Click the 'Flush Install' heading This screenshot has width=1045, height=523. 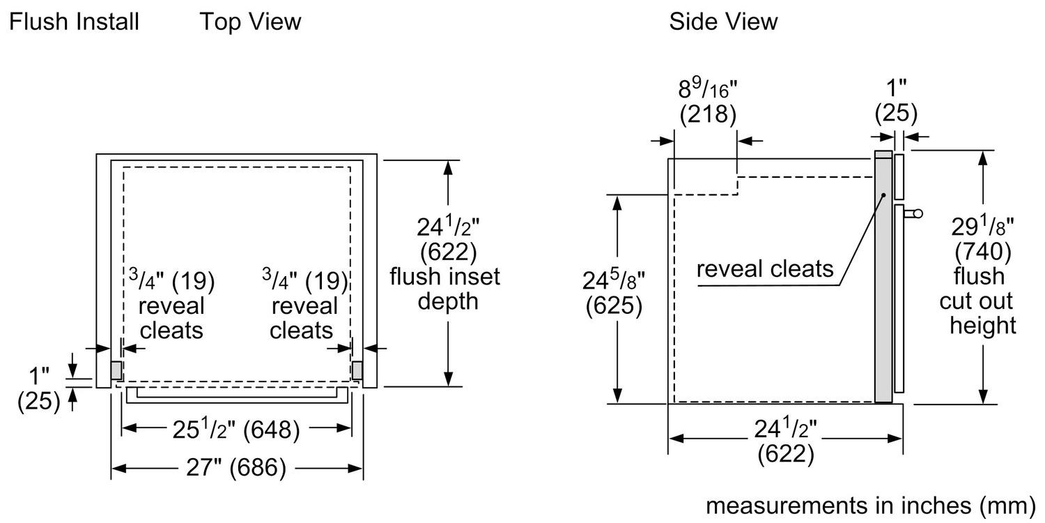[x=75, y=22]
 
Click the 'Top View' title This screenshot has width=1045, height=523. [x=250, y=22]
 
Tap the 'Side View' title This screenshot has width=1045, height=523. [x=723, y=22]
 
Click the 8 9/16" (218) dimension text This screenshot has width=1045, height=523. [x=707, y=102]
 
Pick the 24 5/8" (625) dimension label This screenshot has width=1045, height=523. [x=614, y=293]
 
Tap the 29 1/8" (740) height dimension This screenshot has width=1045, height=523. [x=983, y=238]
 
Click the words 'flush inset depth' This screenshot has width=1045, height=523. [x=444, y=289]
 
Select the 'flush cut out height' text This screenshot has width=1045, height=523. [x=982, y=301]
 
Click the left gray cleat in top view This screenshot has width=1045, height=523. [x=116, y=370]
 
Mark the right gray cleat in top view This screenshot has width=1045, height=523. [x=357, y=370]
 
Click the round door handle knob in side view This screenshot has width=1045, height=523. [x=916, y=213]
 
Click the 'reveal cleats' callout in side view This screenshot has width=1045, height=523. [x=765, y=268]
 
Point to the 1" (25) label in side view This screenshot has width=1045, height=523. [x=895, y=102]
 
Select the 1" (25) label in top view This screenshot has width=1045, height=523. [x=39, y=390]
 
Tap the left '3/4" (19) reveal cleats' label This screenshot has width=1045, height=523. [x=171, y=305]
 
